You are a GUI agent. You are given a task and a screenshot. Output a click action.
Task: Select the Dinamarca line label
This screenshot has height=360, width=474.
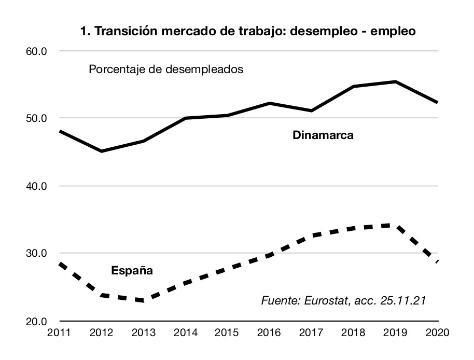(x=323, y=136)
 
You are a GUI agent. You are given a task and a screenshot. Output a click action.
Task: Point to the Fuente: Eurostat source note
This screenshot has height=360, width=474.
(x=343, y=300)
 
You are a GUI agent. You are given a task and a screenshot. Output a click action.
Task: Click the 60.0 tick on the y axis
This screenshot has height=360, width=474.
(x=37, y=51)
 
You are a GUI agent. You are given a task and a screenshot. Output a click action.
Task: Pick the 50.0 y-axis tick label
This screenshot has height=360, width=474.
(x=37, y=118)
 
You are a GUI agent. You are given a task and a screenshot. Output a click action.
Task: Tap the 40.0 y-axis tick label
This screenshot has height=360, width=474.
(x=37, y=186)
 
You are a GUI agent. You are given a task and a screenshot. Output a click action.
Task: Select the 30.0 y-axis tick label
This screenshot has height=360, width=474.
(x=37, y=254)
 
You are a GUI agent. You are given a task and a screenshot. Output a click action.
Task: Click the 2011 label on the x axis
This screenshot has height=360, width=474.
(x=59, y=333)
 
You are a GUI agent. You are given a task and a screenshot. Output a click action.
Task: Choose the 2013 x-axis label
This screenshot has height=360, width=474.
(x=143, y=333)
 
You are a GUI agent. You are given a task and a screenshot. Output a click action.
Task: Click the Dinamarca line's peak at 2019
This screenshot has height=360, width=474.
(x=396, y=82)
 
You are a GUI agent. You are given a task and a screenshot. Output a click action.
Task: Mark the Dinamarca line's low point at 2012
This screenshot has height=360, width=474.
(x=101, y=151)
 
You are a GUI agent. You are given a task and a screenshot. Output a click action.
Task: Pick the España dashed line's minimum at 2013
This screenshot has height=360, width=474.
(x=143, y=300)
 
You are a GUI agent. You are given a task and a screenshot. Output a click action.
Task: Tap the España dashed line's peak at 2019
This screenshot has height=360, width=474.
(x=396, y=225)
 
